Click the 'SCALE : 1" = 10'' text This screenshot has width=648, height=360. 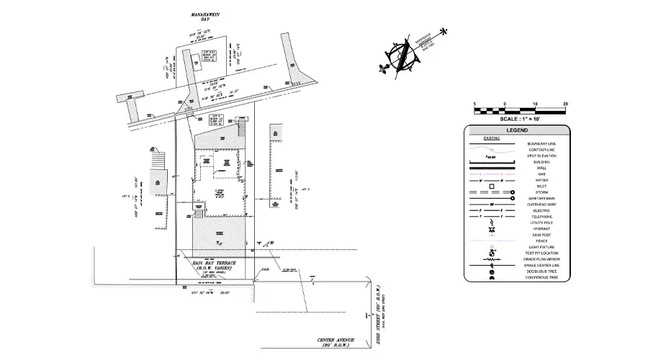(x=520, y=119)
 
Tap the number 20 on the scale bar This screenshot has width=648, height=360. (x=565, y=104)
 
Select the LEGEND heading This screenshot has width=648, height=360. (x=516, y=130)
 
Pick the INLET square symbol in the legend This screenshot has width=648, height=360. (x=492, y=186)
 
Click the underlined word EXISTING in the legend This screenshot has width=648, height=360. (x=492, y=137)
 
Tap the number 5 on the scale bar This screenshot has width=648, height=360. (x=474, y=104)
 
